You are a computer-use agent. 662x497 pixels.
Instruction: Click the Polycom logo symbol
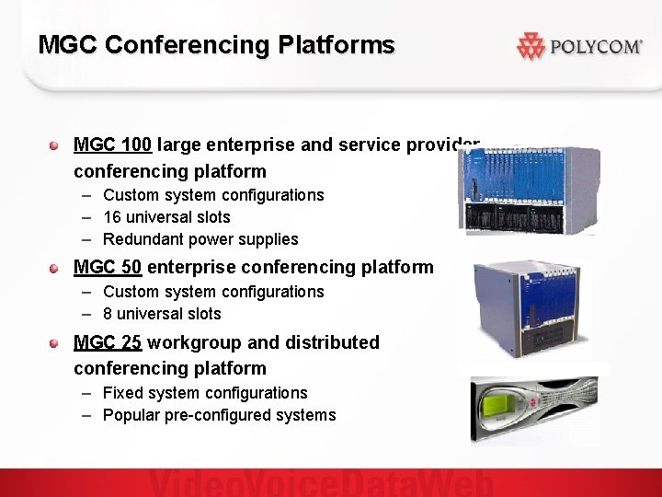(x=531, y=46)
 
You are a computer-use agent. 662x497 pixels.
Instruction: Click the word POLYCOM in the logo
(x=595, y=46)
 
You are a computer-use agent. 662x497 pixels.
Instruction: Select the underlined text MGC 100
(x=108, y=144)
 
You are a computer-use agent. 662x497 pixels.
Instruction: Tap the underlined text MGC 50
(x=108, y=267)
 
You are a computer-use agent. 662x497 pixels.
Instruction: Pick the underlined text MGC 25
(x=108, y=342)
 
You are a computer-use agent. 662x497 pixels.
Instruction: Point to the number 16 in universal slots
(x=112, y=217)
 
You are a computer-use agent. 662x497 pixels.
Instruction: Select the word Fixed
(x=122, y=393)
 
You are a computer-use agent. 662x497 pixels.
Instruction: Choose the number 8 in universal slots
(x=108, y=314)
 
